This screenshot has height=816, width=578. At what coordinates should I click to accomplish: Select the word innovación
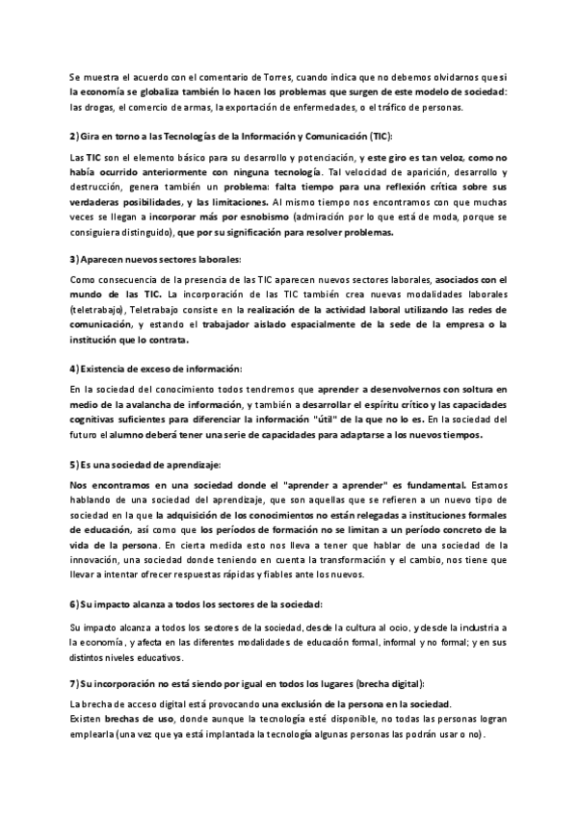(x=98, y=559)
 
